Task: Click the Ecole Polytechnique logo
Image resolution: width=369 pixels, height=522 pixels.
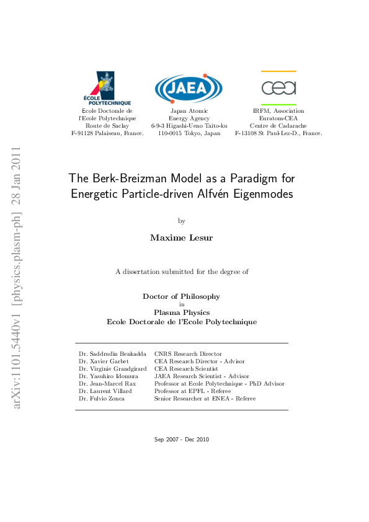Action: point(107,88)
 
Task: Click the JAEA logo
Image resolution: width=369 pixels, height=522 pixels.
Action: point(189,89)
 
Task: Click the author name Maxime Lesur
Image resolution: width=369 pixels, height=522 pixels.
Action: point(182,237)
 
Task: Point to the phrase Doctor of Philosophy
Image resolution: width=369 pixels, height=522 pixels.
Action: point(182,296)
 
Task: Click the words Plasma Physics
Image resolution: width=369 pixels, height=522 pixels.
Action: point(182,312)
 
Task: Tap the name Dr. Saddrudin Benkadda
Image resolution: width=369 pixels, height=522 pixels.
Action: point(113,354)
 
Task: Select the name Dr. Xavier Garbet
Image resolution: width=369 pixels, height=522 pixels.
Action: point(102,361)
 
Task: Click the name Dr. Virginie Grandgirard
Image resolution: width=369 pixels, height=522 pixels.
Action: point(112,369)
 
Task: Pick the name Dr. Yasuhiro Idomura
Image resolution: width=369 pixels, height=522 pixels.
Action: point(109,376)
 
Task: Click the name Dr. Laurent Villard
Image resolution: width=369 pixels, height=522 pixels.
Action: point(105,391)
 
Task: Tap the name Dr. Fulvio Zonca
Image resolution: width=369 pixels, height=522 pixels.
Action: point(102,399)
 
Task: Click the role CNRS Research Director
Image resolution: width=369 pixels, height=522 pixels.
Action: point(188,354)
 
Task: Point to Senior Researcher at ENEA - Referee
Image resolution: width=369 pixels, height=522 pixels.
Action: point(205,399)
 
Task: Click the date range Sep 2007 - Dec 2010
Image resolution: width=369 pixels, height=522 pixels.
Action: point(182,440)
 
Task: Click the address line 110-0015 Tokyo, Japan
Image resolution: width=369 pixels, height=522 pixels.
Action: point(189,133)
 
